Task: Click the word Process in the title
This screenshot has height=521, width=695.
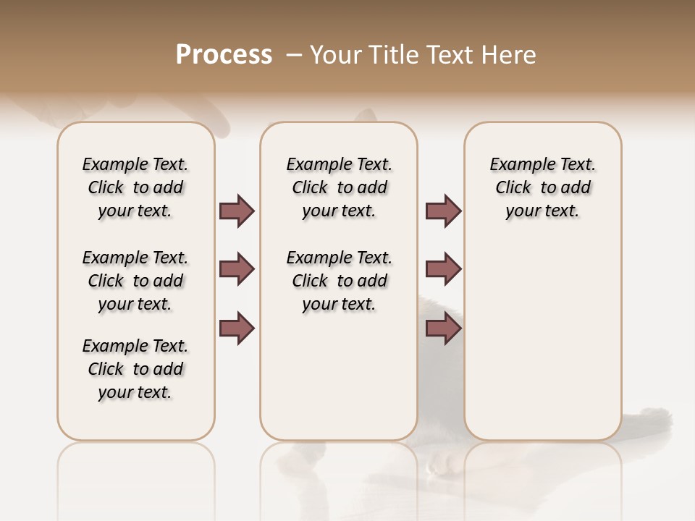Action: (224, 55)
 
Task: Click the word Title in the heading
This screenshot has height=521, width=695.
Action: (396, 55)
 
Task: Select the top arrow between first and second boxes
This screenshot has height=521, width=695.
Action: (237, 211)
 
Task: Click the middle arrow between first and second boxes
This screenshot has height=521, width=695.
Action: (237, 269)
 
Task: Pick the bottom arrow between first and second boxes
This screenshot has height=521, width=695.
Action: (237, 329)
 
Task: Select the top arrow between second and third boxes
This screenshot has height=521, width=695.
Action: (443, 211)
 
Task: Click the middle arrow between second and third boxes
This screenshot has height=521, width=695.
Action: (443, 269)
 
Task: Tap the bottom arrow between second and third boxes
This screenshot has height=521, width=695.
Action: (443, 329)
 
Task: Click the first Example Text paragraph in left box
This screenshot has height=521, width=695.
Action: (135, 187)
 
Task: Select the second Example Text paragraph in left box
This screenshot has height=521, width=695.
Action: (135, 281)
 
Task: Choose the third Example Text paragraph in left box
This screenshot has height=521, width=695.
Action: (135, 369)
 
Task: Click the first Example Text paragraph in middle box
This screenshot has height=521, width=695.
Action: (339, 187)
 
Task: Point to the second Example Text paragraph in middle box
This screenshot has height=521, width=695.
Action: (339, 281)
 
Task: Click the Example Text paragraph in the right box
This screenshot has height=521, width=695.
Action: (542, 187)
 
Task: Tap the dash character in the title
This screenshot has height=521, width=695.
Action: (294, 56)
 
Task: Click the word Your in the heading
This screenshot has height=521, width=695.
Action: (338, 55)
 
